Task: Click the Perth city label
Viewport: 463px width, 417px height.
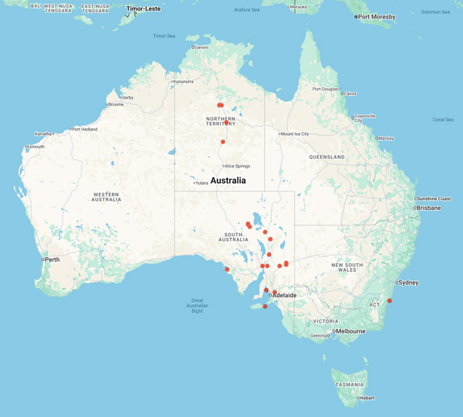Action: tap(52, 259)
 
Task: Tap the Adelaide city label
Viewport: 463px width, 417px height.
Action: tap(285, 295)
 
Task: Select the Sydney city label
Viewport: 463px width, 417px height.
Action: tap(409, 283)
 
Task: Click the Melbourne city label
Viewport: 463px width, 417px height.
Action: tap(349, 331)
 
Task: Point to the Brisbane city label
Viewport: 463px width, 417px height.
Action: tap(428, 208)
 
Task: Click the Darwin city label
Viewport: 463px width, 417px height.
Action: tap(201, 47)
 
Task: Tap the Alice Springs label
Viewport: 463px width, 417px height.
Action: tap(236, 166)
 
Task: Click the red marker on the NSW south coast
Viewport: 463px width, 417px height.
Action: tap(390, 301)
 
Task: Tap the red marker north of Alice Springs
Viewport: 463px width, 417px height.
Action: tap(223, 142)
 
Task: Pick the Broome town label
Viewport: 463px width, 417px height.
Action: tap(116, 104)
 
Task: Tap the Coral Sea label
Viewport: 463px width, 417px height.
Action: tap(443, 120)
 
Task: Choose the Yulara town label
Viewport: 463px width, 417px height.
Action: tap(202, 183)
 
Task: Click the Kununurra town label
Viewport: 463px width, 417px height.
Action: tap(184, 81)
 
